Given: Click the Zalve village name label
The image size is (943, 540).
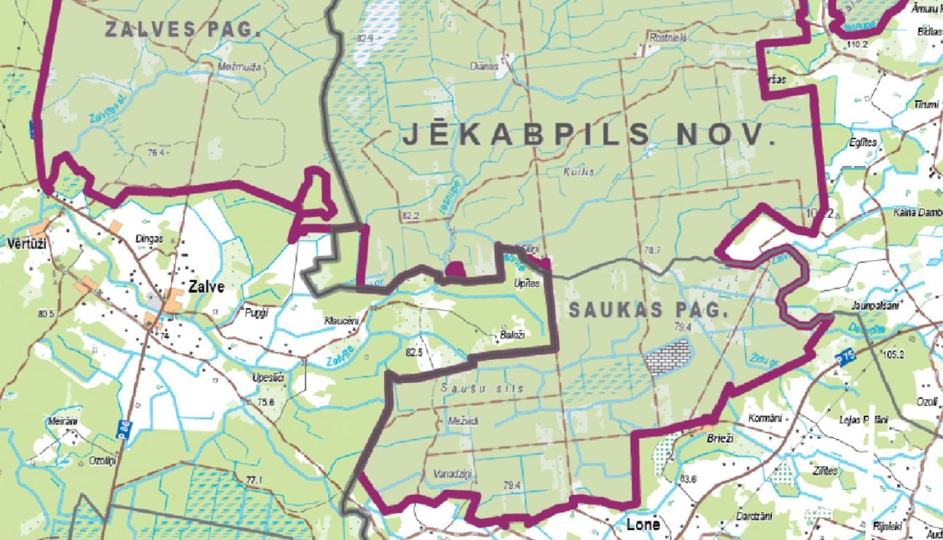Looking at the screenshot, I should [205, 286].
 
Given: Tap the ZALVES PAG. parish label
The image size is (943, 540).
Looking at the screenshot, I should [183, 30].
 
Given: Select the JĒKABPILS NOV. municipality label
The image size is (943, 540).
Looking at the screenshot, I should [589, 134].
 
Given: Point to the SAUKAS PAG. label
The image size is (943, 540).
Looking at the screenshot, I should [648, 310].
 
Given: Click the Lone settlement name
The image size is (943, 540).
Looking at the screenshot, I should [643, 525].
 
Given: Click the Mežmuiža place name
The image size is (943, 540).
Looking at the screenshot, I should [240, 67].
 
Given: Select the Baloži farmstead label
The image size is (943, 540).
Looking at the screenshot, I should [512, 334].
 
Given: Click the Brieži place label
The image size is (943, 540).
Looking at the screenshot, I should [721, 438].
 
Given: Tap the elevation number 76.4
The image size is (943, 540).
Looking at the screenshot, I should [156, 153].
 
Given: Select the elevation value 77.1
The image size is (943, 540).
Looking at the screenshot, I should [254, 480].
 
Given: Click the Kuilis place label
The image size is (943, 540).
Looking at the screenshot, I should [579, 172].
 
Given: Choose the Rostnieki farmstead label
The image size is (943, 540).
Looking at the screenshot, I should [667, 37].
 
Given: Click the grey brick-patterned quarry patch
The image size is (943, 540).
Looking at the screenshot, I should [667, 356].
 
